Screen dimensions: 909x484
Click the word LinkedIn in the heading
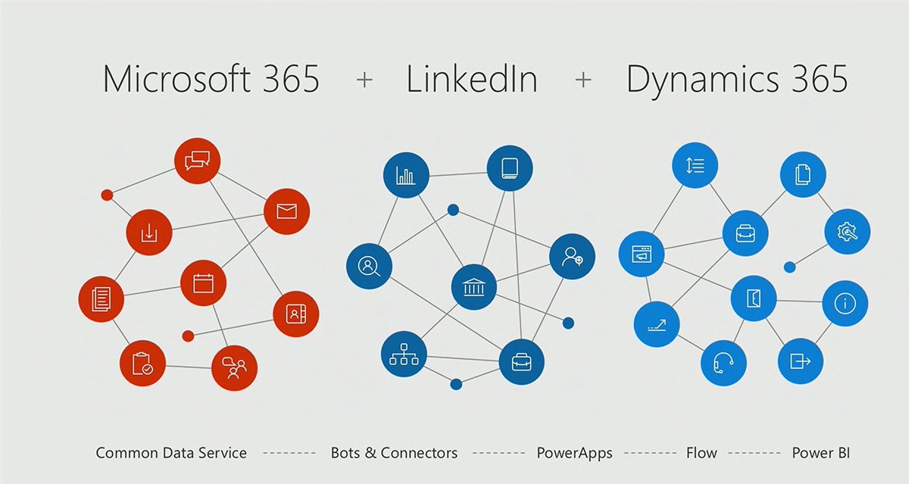[x=472, y=79]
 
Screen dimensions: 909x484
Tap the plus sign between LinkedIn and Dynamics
[x=583, y=80]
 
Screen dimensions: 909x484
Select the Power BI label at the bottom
[x=820, y=453]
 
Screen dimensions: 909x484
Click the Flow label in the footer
[x=701, y=453]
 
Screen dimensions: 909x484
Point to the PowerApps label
[x=574, y=453]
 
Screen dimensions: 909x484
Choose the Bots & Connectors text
[x=394, y=453]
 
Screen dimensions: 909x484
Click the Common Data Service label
[x=171, y=453]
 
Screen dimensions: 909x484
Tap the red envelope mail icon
[x=286, y=211]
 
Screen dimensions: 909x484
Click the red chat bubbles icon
[x=197, y=161]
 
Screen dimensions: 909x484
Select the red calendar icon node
[x=203, y=283]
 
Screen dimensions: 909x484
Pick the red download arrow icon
[x=149, y=233]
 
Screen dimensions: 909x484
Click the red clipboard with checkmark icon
[x=142, y=364]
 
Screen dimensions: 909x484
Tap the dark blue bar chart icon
[x=406, y=176]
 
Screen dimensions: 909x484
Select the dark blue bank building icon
[x=474, y=287]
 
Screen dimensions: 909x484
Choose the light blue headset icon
[x=723, y=363]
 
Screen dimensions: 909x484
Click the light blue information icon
[x=845, y=304]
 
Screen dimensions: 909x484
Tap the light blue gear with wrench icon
[x=847, y=232]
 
